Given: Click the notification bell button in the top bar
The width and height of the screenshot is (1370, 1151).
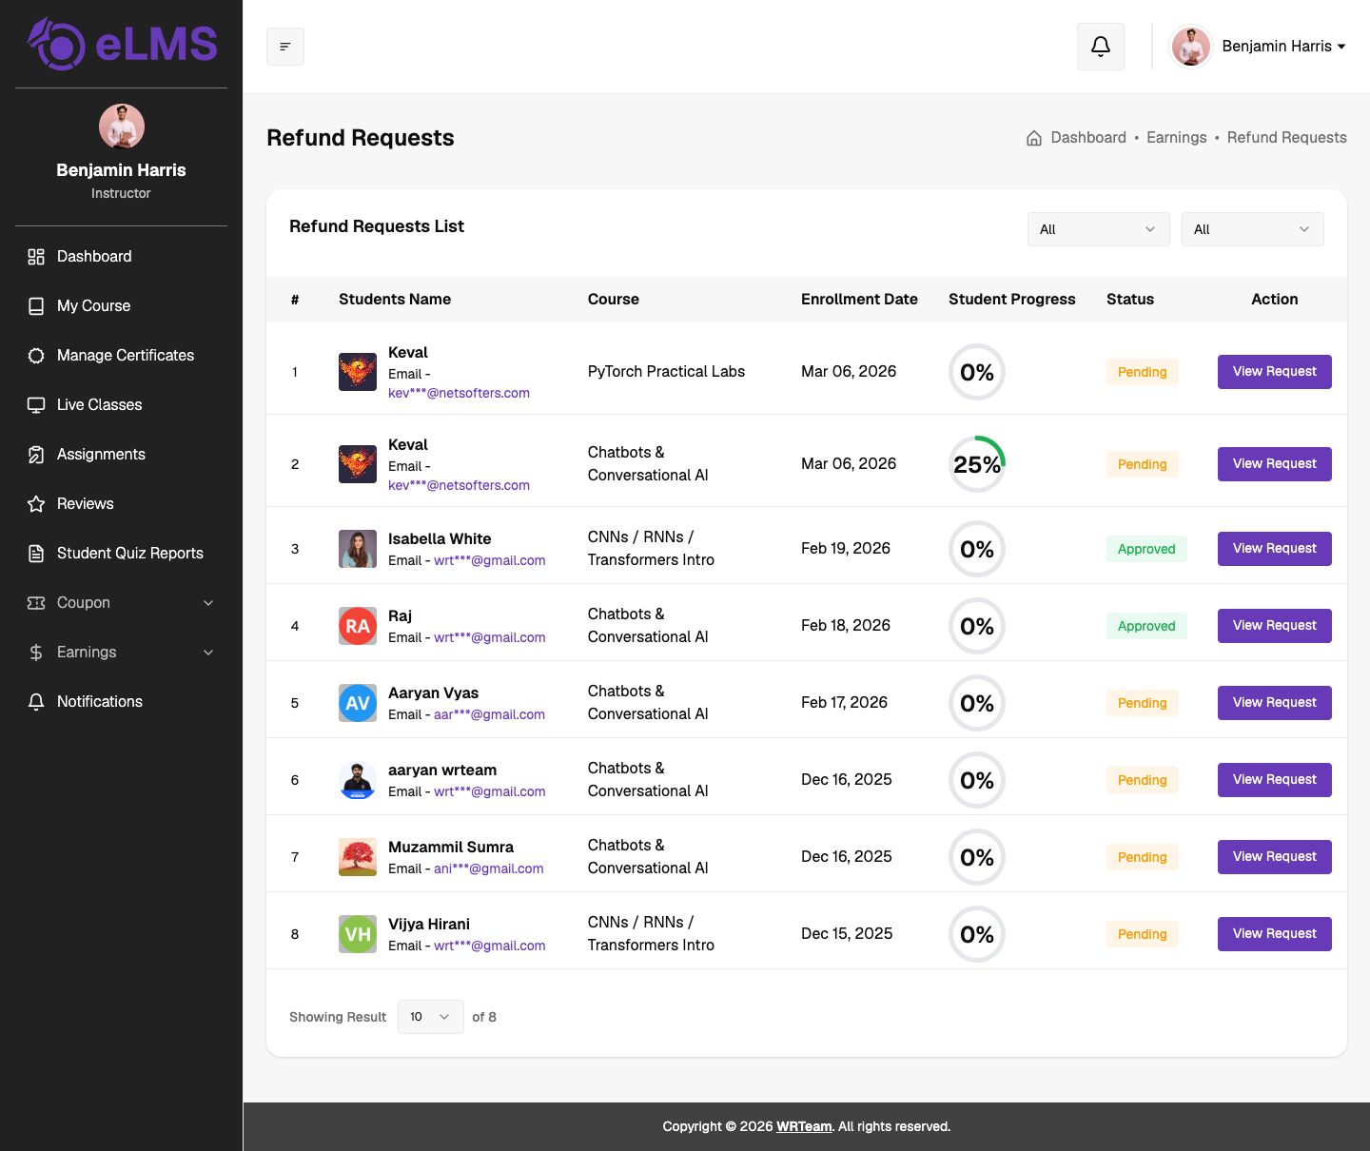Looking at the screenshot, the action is (1101, 47).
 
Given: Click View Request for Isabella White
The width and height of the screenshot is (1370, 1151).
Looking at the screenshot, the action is (1274, 549).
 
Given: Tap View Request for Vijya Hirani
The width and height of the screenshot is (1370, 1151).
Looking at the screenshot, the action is (1274, 934).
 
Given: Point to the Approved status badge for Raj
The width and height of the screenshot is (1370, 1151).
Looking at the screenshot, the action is (1146, 626).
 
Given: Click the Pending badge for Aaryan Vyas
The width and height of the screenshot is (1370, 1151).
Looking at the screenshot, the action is (1143, 703).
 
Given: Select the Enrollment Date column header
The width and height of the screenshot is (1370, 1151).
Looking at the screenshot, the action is (859, 300).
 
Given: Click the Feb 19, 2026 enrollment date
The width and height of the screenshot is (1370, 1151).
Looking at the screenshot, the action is (846, 549).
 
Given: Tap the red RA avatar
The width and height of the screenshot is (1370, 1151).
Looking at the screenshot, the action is (358, 626).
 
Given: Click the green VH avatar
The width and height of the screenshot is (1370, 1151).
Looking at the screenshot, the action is (358, 934).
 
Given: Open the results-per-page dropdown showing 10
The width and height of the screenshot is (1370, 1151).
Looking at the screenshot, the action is (430, 1017).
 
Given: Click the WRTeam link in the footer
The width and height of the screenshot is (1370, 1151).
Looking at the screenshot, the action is (804, 1126).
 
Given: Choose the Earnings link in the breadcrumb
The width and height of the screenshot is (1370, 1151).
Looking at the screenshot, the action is (1177, 138).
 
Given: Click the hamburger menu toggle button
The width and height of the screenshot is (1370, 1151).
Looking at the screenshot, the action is (285, 47).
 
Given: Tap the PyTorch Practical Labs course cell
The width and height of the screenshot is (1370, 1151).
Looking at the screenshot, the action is (666, 371).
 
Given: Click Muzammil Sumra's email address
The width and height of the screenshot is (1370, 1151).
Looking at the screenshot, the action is (488, 868).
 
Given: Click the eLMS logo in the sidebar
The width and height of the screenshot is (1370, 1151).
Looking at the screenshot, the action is (122, 44).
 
